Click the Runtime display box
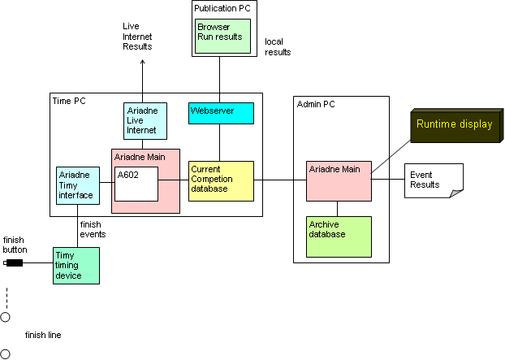455,125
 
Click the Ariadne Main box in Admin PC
339,180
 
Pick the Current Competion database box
221,180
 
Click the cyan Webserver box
221,113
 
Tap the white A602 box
136,184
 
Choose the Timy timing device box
76,265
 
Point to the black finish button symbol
15,262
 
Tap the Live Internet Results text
136,37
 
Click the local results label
278,46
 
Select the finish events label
92,229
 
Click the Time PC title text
69,102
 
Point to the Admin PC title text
316,104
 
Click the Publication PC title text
221,8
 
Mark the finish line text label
43,335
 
